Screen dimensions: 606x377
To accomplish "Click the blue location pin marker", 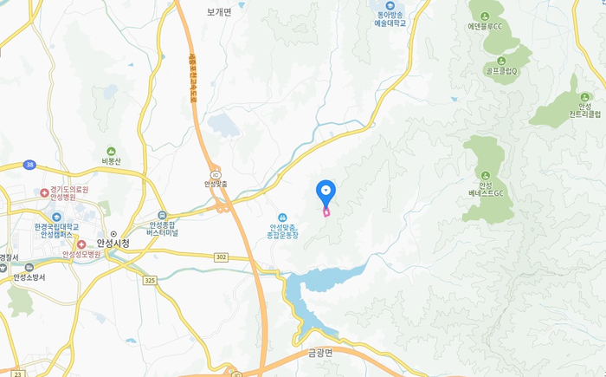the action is tap(326, 192).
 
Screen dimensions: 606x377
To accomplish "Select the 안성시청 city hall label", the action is tap(113, 244).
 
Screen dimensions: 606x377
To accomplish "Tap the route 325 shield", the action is tap(150, 280).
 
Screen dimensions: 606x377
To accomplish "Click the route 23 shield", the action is tap(17, 374).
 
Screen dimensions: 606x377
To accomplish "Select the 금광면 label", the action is tap(326, 352).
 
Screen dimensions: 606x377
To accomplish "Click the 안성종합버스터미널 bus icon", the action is tap(162, 215).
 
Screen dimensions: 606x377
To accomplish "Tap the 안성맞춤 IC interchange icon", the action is tap(216, 173).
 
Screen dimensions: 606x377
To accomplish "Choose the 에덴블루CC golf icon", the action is tap(485, 16).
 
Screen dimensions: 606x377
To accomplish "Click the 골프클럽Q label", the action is tap(501, 71).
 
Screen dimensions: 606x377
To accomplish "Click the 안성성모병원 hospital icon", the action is tap(81, 244).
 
